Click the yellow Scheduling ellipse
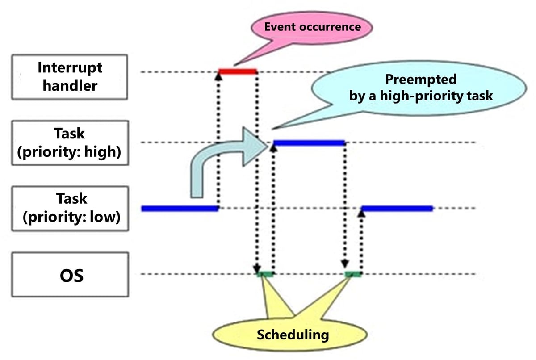tap(292, 334)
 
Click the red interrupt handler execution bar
tap(237, 71)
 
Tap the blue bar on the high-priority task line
tap(309, 143)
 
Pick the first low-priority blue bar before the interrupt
tap(180, 208)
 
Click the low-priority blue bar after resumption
tap(397, 208)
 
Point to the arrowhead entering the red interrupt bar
tap(218, 76)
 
